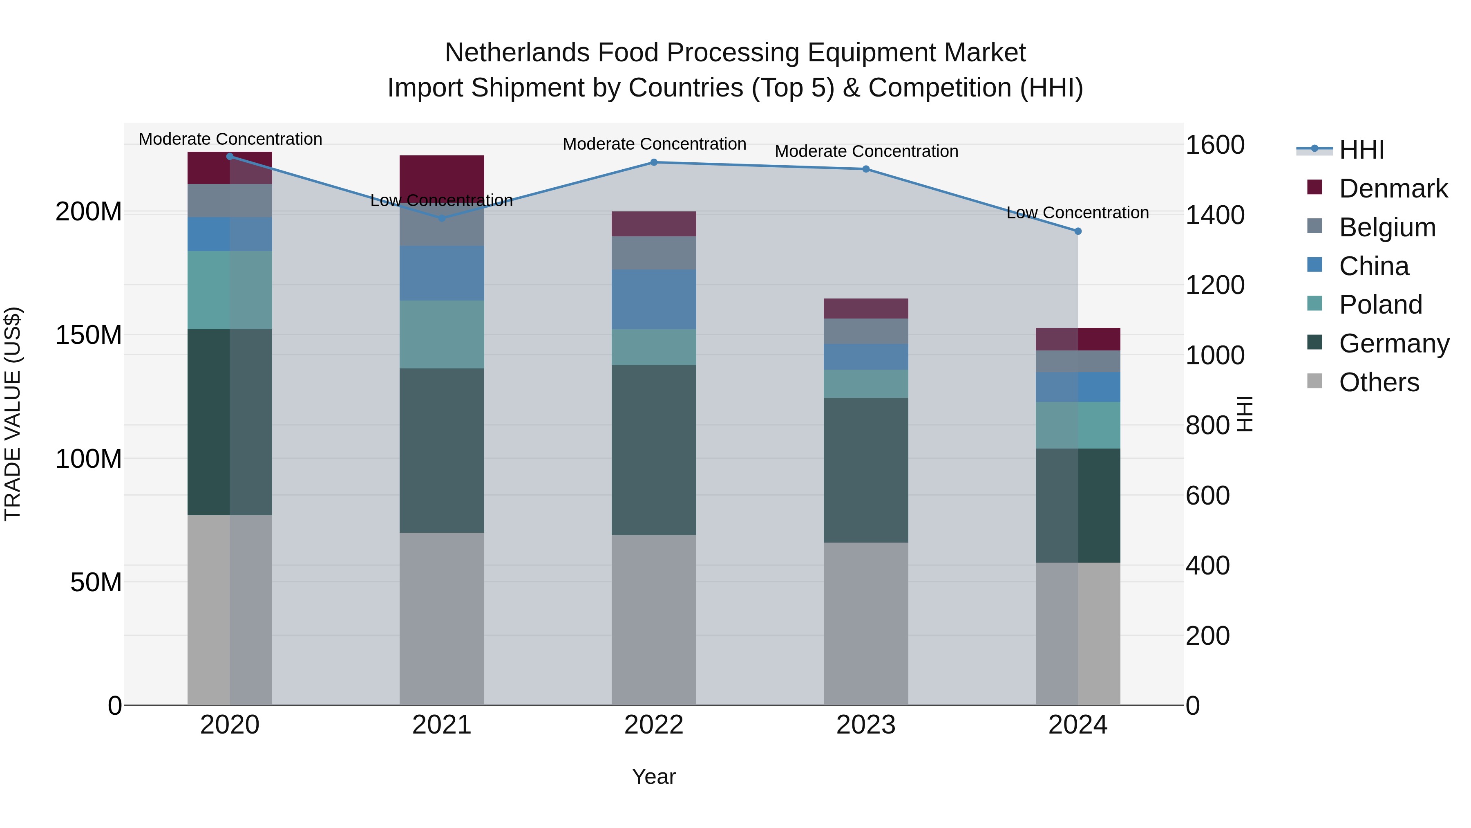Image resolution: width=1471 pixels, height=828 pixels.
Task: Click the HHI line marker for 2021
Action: (x=442, y=218)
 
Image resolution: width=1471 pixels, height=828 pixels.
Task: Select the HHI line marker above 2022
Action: (x=654, y=162)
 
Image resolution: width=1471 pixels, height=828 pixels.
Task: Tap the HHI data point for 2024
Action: (x=1078, y=231)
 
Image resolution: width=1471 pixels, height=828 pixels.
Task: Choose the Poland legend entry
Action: (x=1380, y=305)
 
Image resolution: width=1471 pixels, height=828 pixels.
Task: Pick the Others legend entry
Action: (x=1379, y=382)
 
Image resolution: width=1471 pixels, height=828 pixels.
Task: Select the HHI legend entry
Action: (x=1361, y=150)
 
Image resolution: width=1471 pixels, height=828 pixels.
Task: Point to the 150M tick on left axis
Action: (x=89, y=335)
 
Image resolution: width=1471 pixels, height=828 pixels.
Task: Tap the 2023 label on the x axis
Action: (x=866, y=725)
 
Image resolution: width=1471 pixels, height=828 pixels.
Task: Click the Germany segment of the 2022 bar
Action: (x=654, y=450)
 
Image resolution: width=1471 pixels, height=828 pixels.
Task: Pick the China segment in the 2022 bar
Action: (x=654, y=299)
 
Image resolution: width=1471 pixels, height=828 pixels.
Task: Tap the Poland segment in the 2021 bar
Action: (x=442, y=334)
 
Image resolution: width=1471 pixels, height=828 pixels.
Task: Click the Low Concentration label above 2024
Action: (x=1077, y=213)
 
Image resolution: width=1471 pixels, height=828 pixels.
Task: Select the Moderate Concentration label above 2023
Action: (x=866, y=151)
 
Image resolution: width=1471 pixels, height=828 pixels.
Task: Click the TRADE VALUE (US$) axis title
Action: (x=13, y=414)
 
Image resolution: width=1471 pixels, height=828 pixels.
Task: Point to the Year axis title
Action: (x=654, y=776)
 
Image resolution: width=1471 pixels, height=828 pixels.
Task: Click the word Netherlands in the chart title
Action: (x=517, y=53)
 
